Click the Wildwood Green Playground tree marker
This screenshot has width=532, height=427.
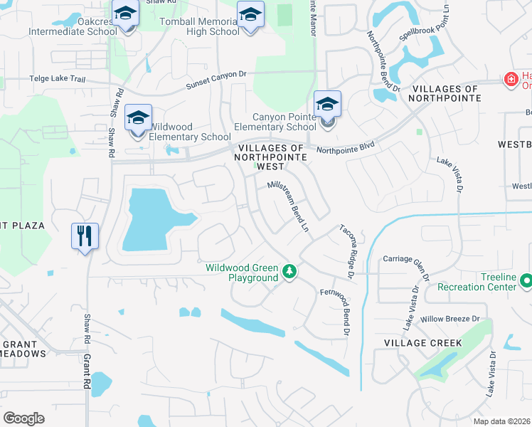click(289, 271)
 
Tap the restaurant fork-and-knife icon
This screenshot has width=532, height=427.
click(85, 236)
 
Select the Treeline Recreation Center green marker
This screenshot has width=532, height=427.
click(526, 281)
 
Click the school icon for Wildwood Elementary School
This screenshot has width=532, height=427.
click(139, 118)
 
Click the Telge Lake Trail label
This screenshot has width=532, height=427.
click(57, 80)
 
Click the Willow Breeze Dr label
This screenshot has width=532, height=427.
click(454, 319)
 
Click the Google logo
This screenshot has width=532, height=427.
click(23, 418)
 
